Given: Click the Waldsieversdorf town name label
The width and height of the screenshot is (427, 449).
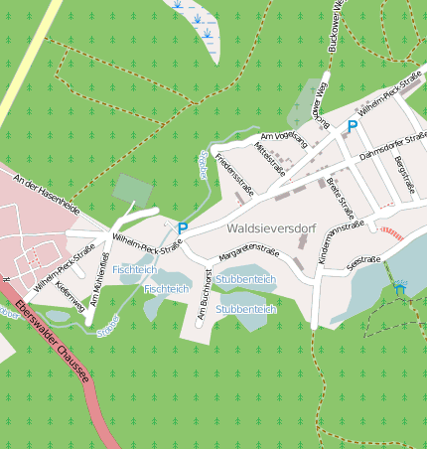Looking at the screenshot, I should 271,227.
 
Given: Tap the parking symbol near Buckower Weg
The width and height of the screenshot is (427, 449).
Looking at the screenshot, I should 352,126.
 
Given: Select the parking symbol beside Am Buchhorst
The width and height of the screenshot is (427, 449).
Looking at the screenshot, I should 182,228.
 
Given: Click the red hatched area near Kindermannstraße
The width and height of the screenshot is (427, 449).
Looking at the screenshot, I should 390,231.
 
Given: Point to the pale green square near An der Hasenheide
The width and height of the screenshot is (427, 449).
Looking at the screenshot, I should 133,190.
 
